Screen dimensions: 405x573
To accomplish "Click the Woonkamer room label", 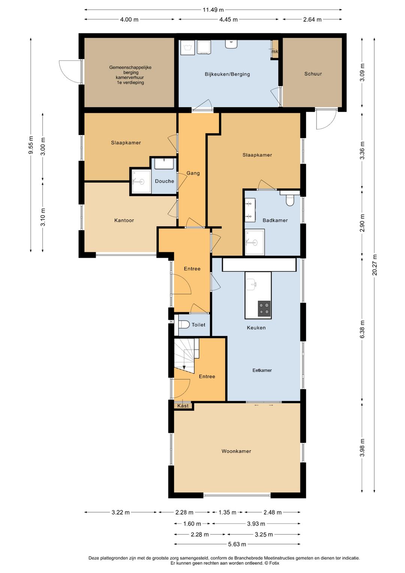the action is click(x=236, y=451).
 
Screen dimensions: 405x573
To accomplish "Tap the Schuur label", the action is click(x=313, y=74).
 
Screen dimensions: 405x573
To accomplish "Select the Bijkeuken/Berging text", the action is click(x=227, y=74).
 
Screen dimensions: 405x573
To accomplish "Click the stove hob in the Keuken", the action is click(x=264, y=309).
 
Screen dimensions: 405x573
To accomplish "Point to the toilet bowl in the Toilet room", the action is click(x=184, y=324).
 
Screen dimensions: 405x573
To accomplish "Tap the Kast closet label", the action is click(x=183, y=406).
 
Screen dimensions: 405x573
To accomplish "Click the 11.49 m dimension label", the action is click(x=213, y=10).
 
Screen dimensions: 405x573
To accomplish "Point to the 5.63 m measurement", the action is click(x=237, y=544).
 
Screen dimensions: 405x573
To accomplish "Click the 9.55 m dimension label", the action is click(x=31, y=145).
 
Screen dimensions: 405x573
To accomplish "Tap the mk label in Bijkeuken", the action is click(x=274, y=51).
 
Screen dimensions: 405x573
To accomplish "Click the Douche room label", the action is click(x=164, y=181).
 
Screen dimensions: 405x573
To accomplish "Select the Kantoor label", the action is click(x=124, y=220).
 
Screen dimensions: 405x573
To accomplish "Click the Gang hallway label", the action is click(x=193, y=173).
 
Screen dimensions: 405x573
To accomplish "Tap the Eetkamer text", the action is click(x=262, y=370).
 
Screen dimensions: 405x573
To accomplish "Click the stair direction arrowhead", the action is click(x=184, y=368).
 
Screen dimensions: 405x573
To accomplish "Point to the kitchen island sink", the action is click(x=251, y=284).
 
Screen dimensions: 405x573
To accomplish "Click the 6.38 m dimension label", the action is click(x=362, y=329).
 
